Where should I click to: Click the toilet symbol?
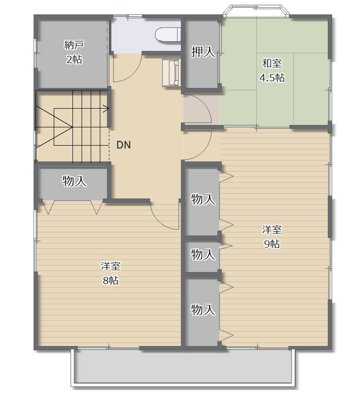coord(168,34)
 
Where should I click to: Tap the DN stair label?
coord(124,145)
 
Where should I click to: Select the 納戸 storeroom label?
coord(74,45)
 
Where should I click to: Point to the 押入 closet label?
coord(203,52)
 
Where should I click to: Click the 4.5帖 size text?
coord(272,77)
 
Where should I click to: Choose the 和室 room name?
coord(272,63)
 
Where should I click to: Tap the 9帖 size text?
coord(272,244)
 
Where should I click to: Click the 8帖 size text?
coord(110,280)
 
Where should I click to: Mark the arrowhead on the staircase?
coord(106,109)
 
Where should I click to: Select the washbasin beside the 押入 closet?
coord(171,73)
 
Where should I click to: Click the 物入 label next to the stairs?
coord(74,181)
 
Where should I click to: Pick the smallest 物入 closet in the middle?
coord(203,254)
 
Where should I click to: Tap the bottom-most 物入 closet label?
coord(203,309)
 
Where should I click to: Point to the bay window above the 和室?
coord(256,11)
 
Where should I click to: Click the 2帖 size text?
coord(74,60)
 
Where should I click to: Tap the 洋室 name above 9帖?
coord(272,230)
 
